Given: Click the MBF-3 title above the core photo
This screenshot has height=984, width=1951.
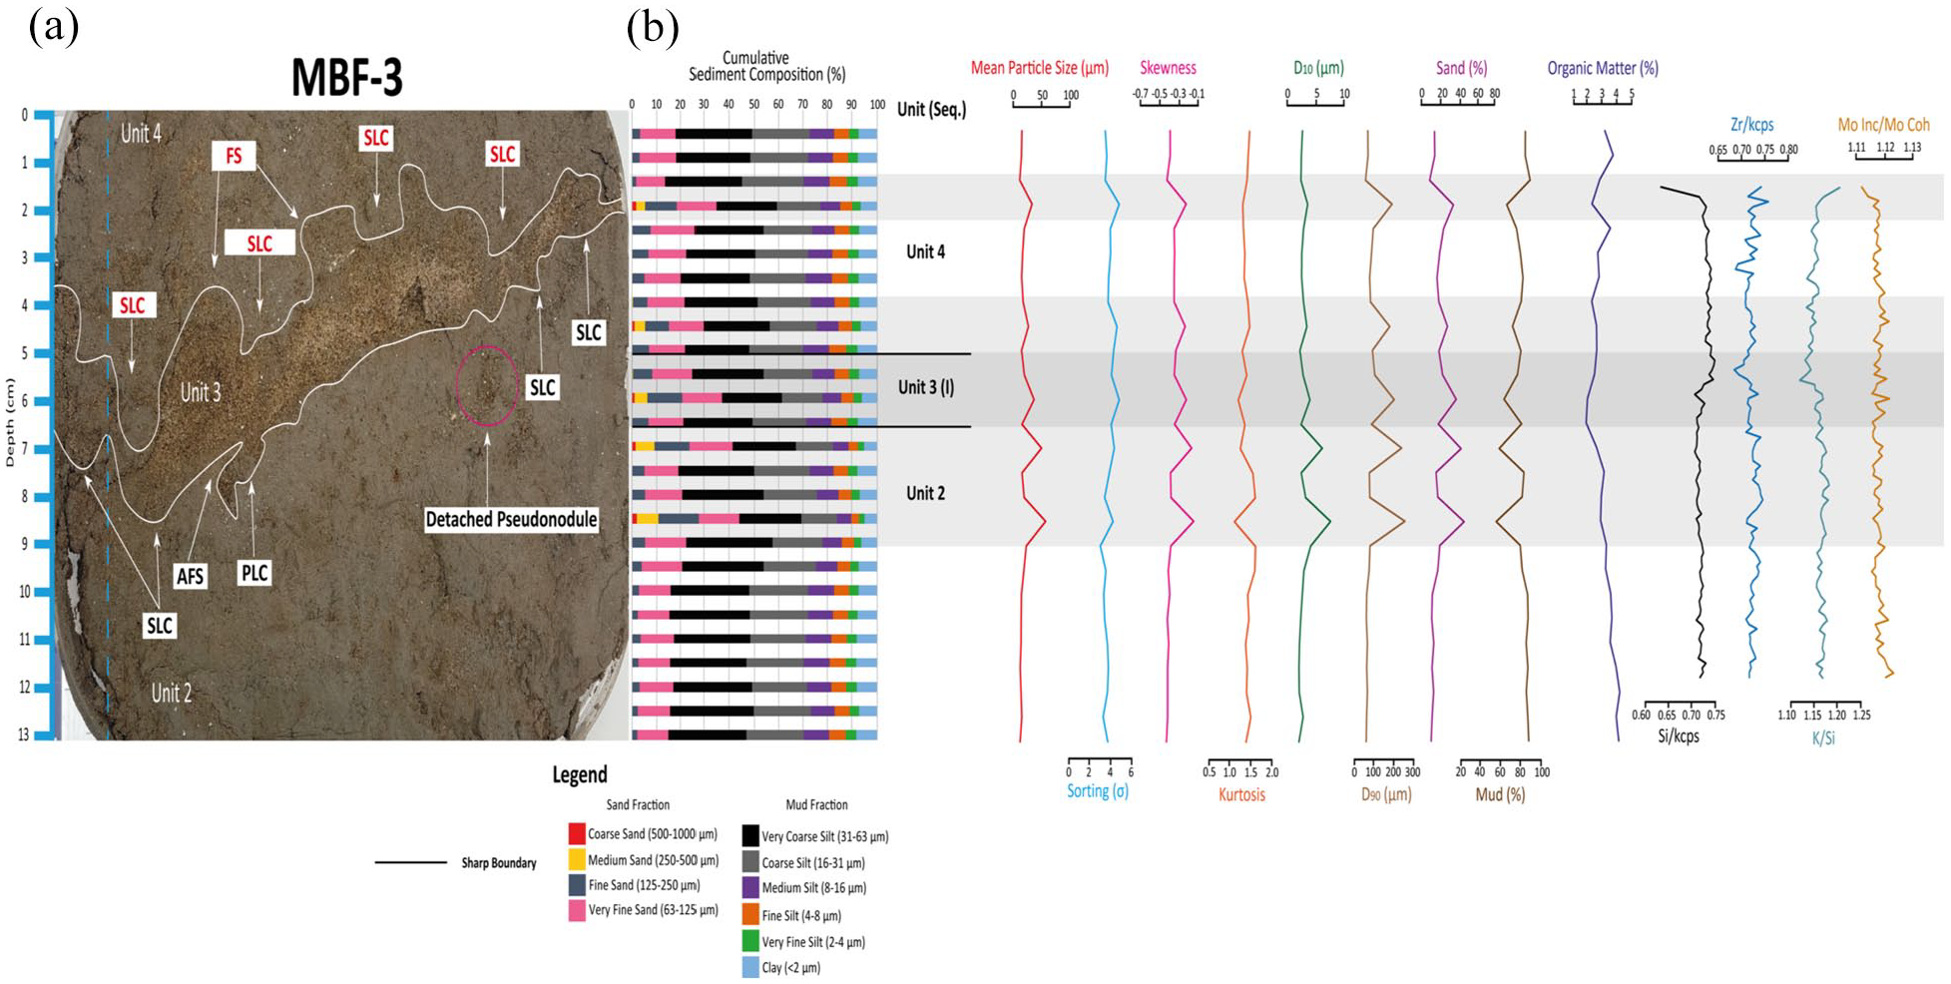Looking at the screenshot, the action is (347, 77).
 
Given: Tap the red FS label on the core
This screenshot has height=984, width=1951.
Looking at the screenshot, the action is (234, 156).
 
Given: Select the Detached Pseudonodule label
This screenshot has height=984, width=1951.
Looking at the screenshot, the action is (511, 519).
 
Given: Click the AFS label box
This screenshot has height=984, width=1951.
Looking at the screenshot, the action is (190, 576).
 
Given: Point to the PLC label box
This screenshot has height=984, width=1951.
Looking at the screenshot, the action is (254, 573).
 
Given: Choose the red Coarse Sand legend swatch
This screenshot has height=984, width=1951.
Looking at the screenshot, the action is (577, 833).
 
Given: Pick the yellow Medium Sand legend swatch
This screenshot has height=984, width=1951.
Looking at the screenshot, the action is (577, 859).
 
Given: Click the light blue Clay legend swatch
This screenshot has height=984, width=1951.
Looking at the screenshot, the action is (750, 967).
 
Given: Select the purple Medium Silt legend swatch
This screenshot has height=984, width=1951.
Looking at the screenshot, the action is (750, 887).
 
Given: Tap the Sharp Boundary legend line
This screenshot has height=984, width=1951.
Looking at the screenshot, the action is (410, 862).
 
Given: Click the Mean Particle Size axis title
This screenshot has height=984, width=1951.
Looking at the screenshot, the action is (1040, 68).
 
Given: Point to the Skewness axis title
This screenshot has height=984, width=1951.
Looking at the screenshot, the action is (1168, 68).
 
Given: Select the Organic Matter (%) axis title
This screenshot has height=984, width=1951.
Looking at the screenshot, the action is (1603, 68).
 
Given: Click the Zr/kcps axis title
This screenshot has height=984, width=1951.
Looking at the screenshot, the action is (1752, 125).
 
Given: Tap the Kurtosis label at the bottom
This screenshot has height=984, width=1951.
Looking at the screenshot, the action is (1241, 795).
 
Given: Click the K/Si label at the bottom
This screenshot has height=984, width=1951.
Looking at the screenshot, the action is (1823, 738).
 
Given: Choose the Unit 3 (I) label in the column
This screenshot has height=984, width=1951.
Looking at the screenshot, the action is (925, 387).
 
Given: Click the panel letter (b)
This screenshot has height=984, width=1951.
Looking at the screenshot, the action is (653, 28).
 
